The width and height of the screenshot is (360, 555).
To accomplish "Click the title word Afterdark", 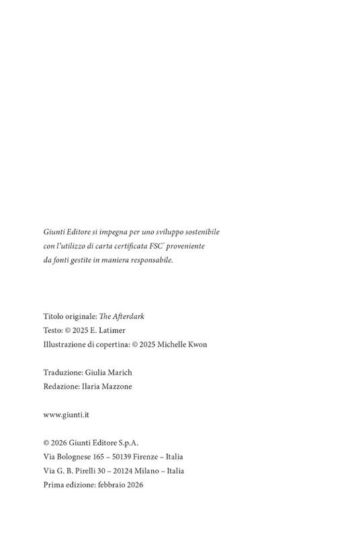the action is pos(128,316).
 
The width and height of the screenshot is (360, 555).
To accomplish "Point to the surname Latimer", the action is pos(111,331).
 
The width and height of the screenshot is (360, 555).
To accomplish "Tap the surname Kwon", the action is pos(196,345).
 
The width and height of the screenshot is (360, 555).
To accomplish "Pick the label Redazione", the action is pos(62,386).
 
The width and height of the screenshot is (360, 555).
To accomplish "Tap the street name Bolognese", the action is pos(75,457).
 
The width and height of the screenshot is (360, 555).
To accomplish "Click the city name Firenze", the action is pos(158,457).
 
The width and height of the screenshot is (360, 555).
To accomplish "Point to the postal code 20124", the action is pos(126,471).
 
